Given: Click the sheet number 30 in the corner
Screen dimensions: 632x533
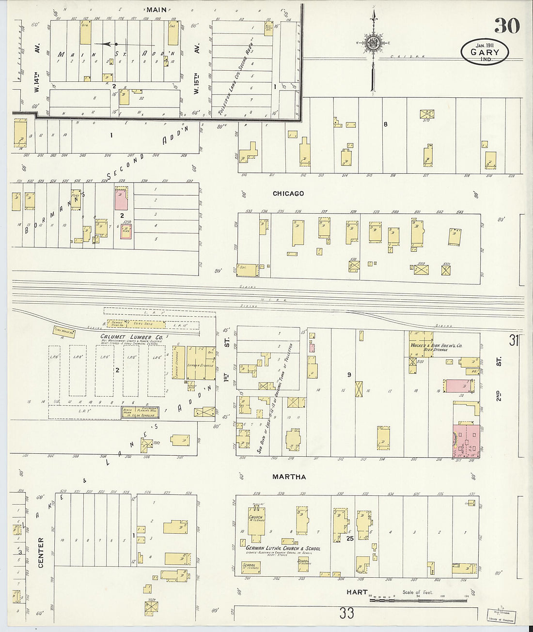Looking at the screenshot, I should (x=507, y=25).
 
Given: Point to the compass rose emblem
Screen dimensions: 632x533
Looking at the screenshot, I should (x=373, y=43).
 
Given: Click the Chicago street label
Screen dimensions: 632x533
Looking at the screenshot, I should (x=288, y=193).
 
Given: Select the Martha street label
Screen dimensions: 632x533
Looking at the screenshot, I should (x=289, y=477).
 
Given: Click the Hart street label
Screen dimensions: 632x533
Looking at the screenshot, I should (x=357, y=592).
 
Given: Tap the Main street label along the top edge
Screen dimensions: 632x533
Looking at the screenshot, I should (x=157, y=9).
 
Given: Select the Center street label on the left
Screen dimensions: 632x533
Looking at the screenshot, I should (x=41, y=552).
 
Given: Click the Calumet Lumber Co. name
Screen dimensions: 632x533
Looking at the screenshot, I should (x=132, y=337).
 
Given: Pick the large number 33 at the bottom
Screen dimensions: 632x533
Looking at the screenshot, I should (x=346, y=614).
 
